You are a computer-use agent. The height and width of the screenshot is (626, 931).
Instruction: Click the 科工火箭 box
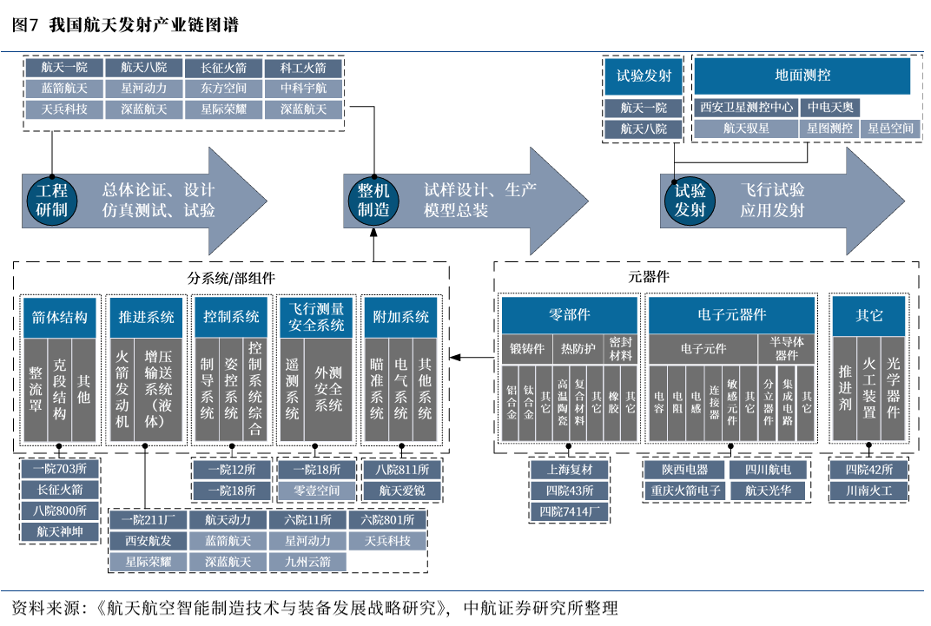point(303,68)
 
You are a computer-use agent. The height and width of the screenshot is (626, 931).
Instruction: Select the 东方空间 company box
point(223,89)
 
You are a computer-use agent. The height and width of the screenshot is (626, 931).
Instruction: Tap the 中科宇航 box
point(303,89)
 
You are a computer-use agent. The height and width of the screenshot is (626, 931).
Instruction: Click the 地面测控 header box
point(802,76)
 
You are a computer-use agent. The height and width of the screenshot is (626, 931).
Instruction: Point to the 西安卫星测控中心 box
point(746,108)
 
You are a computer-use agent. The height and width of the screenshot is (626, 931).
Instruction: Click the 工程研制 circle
point(52,200)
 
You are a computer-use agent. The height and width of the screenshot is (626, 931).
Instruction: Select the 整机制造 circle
point(373,200)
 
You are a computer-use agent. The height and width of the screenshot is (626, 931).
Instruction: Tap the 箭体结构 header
point(59,317)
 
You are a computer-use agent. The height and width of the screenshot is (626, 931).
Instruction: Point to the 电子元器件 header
point(731,315)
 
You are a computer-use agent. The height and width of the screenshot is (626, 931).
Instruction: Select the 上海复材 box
point(570,470)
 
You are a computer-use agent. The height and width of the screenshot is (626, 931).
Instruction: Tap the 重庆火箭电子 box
point(685,491)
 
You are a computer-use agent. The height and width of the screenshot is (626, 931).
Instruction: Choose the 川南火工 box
point(868,491)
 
